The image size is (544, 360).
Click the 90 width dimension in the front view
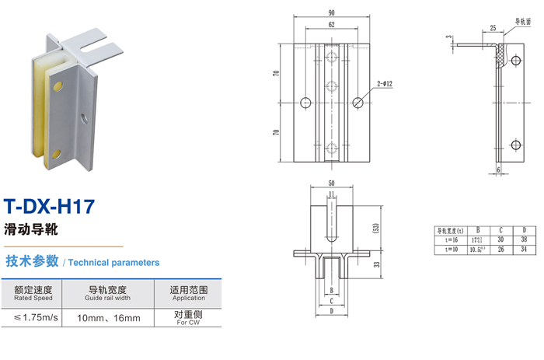(x=332, y=13)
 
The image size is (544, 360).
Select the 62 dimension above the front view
(x=332, y=26)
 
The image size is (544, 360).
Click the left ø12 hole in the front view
(x=305, y=103)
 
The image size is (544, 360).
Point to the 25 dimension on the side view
(x=493, y=28)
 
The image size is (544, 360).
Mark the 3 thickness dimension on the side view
(x=448, y=38)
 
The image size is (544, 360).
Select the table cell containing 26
(x=502, y=249)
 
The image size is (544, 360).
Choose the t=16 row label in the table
(x=448, y=240)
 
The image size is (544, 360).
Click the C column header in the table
(x=502, y=231)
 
